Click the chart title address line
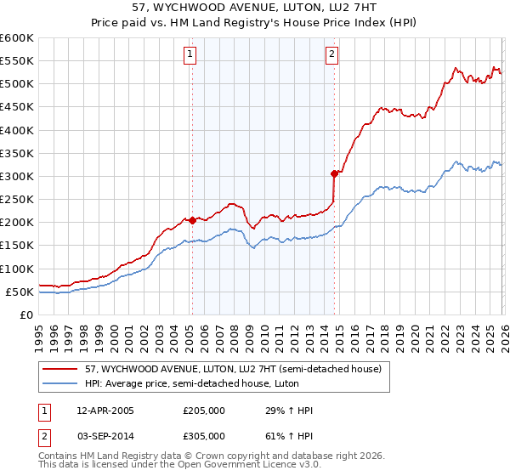coord(255,8)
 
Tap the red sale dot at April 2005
coord(192,220)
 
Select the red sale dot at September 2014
coord(334,173)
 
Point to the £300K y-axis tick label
coord(17,176)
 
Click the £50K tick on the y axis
coord(20,292)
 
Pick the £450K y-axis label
coord(17,107)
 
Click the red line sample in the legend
coord(60,369)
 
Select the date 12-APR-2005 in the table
coord(105,411)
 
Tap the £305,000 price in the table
coord(204,435)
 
